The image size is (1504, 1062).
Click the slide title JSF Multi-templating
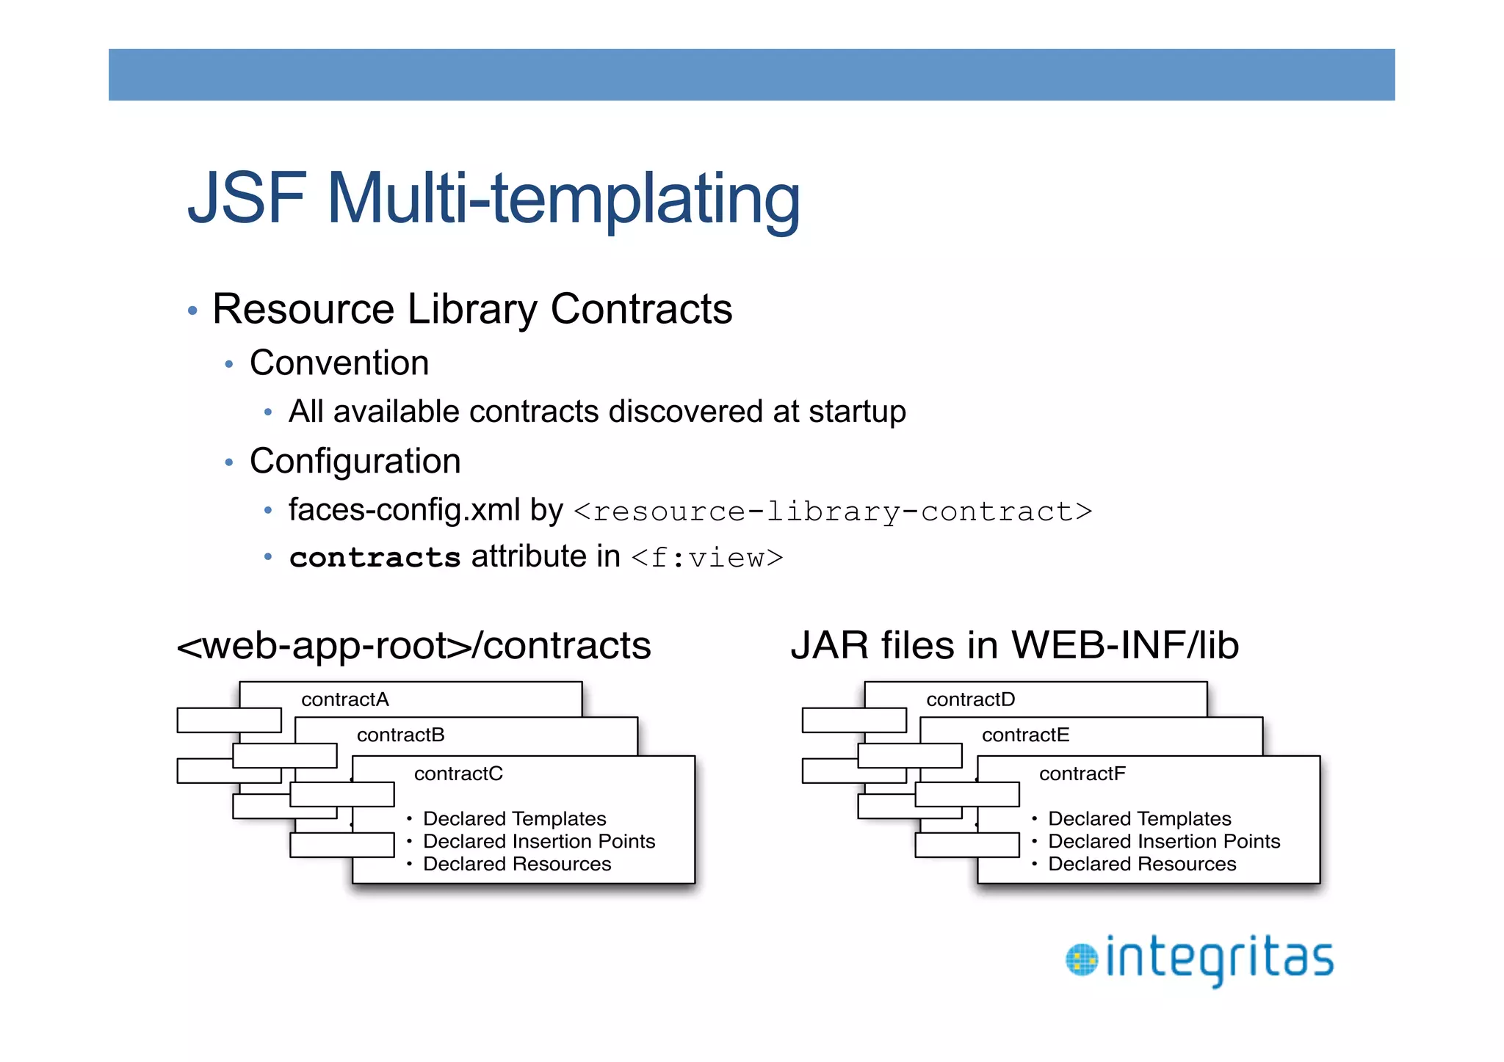[x=493, y=198]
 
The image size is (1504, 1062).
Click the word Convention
[x=339, y=363]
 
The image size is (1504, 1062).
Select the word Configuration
[x=355, y=462]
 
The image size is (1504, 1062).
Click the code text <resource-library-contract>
[x=832, y=512]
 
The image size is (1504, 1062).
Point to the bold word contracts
[x=375, y=558]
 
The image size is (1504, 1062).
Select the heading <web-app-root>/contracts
[x=413, y=646]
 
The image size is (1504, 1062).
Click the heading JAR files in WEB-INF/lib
[x=1014, y=646]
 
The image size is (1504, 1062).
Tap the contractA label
[x=344, y=699]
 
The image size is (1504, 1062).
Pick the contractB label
[x=400, y=735]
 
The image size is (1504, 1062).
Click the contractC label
[x=458, y=774]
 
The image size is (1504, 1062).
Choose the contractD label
[x=970, y=699]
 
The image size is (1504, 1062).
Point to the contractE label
[x=1025, y=735]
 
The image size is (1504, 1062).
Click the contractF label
[x=1082, y=774]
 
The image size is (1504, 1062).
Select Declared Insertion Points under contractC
[x=538, y=842]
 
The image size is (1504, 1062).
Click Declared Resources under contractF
[x=1141, y=865]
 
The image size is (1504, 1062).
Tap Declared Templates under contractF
[x=1139, y=819]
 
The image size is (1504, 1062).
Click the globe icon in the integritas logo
[x=1081, y=960]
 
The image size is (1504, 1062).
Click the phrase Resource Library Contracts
[x=471, y=309]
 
